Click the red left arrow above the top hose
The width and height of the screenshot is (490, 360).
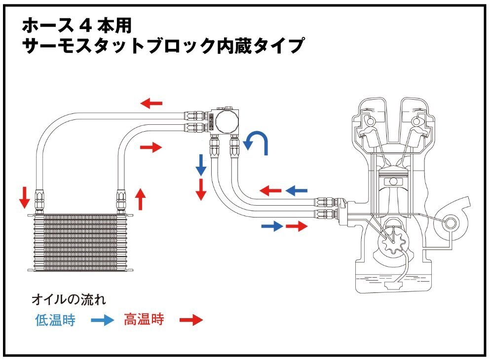(151, 103)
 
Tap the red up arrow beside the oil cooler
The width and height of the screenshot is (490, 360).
(141, 198)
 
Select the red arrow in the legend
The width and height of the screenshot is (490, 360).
(190, 321)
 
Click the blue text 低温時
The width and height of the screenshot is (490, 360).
(55, 320)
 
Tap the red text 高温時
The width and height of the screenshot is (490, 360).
(144, 320)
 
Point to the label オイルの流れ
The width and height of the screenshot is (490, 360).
(69, 299)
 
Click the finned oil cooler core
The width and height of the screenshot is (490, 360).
(81, 242)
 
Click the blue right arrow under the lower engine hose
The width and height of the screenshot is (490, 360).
(272, 226)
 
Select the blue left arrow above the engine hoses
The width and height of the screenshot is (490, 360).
(297, 190)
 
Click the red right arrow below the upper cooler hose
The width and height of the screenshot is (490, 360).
(151, 147)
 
